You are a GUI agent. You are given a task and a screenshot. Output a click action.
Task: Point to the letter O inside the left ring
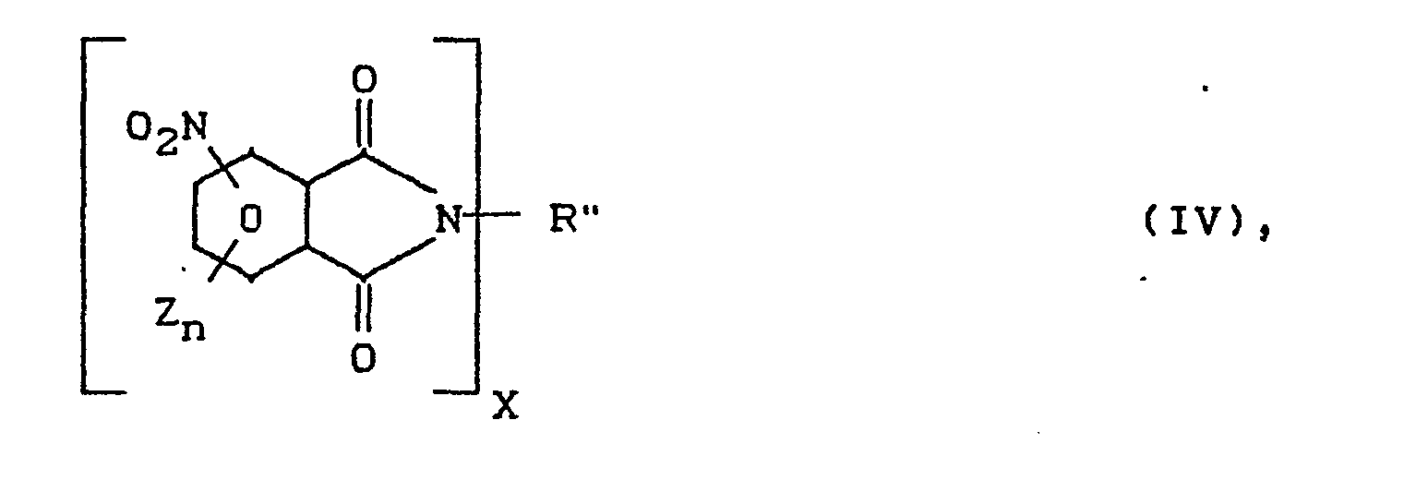click(249, 219)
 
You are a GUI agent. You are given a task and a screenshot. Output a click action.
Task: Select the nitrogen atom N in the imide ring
click(449, 220)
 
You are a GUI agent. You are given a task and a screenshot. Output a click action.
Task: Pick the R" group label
click(566, 220)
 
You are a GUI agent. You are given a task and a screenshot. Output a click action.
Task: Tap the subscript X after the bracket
click(505, 407)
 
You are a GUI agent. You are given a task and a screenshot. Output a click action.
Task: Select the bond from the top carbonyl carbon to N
click(401, 171)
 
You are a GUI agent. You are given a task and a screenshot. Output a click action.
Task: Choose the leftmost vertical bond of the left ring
click(195, 217)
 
